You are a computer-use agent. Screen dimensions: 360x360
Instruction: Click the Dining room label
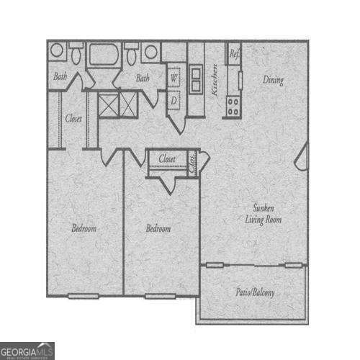(x=272, y=81)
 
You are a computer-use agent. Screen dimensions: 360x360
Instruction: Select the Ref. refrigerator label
(x=234, y=53)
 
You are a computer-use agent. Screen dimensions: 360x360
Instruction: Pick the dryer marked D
(x=174, y=101)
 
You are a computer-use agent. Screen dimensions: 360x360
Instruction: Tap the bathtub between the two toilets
(x=104, y=55)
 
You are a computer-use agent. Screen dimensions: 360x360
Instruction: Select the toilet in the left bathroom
(x=76, y=53)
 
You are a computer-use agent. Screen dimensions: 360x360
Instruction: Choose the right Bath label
(x=143, y=78)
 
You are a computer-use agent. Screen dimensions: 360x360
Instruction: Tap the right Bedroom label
(x=158, y=228)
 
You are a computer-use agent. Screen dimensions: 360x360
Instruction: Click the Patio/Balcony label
(x=255, y=293)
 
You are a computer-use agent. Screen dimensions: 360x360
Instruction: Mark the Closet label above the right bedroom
(x=167, y=158)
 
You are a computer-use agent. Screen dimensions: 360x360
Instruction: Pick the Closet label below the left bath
(x=73, y=118)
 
